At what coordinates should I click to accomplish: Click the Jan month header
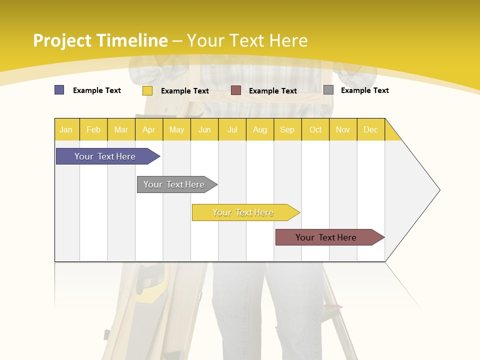pyautogui.click(x=66, y=129)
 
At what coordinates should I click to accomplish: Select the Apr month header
pyautogui.click(x=149, y=129)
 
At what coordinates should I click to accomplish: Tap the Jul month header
pyautogui.click(x=232, y=129)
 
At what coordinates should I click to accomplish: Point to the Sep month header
pyautogui.click(x=287, y=129)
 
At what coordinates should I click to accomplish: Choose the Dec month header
pyautogui.click(x=370, y=129)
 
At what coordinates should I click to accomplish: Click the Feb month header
pyautogui.click(x=93, y=129)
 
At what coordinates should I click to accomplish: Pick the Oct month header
pyautogui.click(x=315, y=129)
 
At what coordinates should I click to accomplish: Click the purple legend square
pyautogui.click(x=59, y=90)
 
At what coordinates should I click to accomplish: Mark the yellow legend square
pyautogui.click(x=147, y=90)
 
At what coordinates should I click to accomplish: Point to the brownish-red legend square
pyautogui.click(x=236, y=90)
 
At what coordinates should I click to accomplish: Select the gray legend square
pyautogui.click(x=328, y=90)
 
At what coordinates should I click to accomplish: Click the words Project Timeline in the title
pyautogui.click(x=100, y=40)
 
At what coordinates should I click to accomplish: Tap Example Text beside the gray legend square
pyautogui.click(x=364, y=90)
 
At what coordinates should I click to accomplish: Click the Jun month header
pyautogui.click(x=204, y=129)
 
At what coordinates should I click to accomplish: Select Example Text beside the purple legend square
pyautogui.click(x=97, y=90)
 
